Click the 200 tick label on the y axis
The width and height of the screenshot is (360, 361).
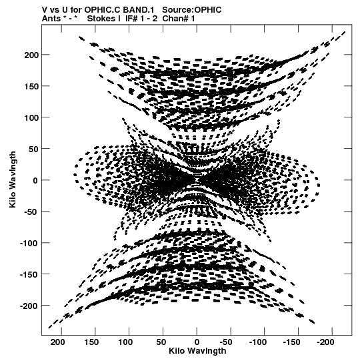click(x=31, y=55)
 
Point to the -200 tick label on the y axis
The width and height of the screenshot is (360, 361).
click(x=29, y=306)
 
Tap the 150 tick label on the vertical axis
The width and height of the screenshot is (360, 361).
click(x=31, y=86)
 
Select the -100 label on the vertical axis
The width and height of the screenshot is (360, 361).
click(x=29, y=243)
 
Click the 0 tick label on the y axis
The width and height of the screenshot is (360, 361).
click(x=35, y=180)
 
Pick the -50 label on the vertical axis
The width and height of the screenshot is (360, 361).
click(x=31, y=212)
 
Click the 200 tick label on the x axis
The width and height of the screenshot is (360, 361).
click(x=58, y=342)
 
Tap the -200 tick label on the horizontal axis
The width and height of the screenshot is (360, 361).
click(x=326, y=342)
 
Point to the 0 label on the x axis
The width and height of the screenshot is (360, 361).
click(x=197, y=342)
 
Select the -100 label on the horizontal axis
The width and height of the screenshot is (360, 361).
click(x=258, y=342)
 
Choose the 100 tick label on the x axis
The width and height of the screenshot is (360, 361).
click(x=125, y=342)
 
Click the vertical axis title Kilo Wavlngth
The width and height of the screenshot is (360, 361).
click(x=13, y=179)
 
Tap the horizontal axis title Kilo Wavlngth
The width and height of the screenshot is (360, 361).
click(x=197, y=351)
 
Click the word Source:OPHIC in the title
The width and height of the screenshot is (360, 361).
click(x=192, y=10)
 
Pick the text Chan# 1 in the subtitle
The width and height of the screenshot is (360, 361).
click(x=179, y=19)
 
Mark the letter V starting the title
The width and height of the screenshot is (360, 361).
click(x=45, y=10)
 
